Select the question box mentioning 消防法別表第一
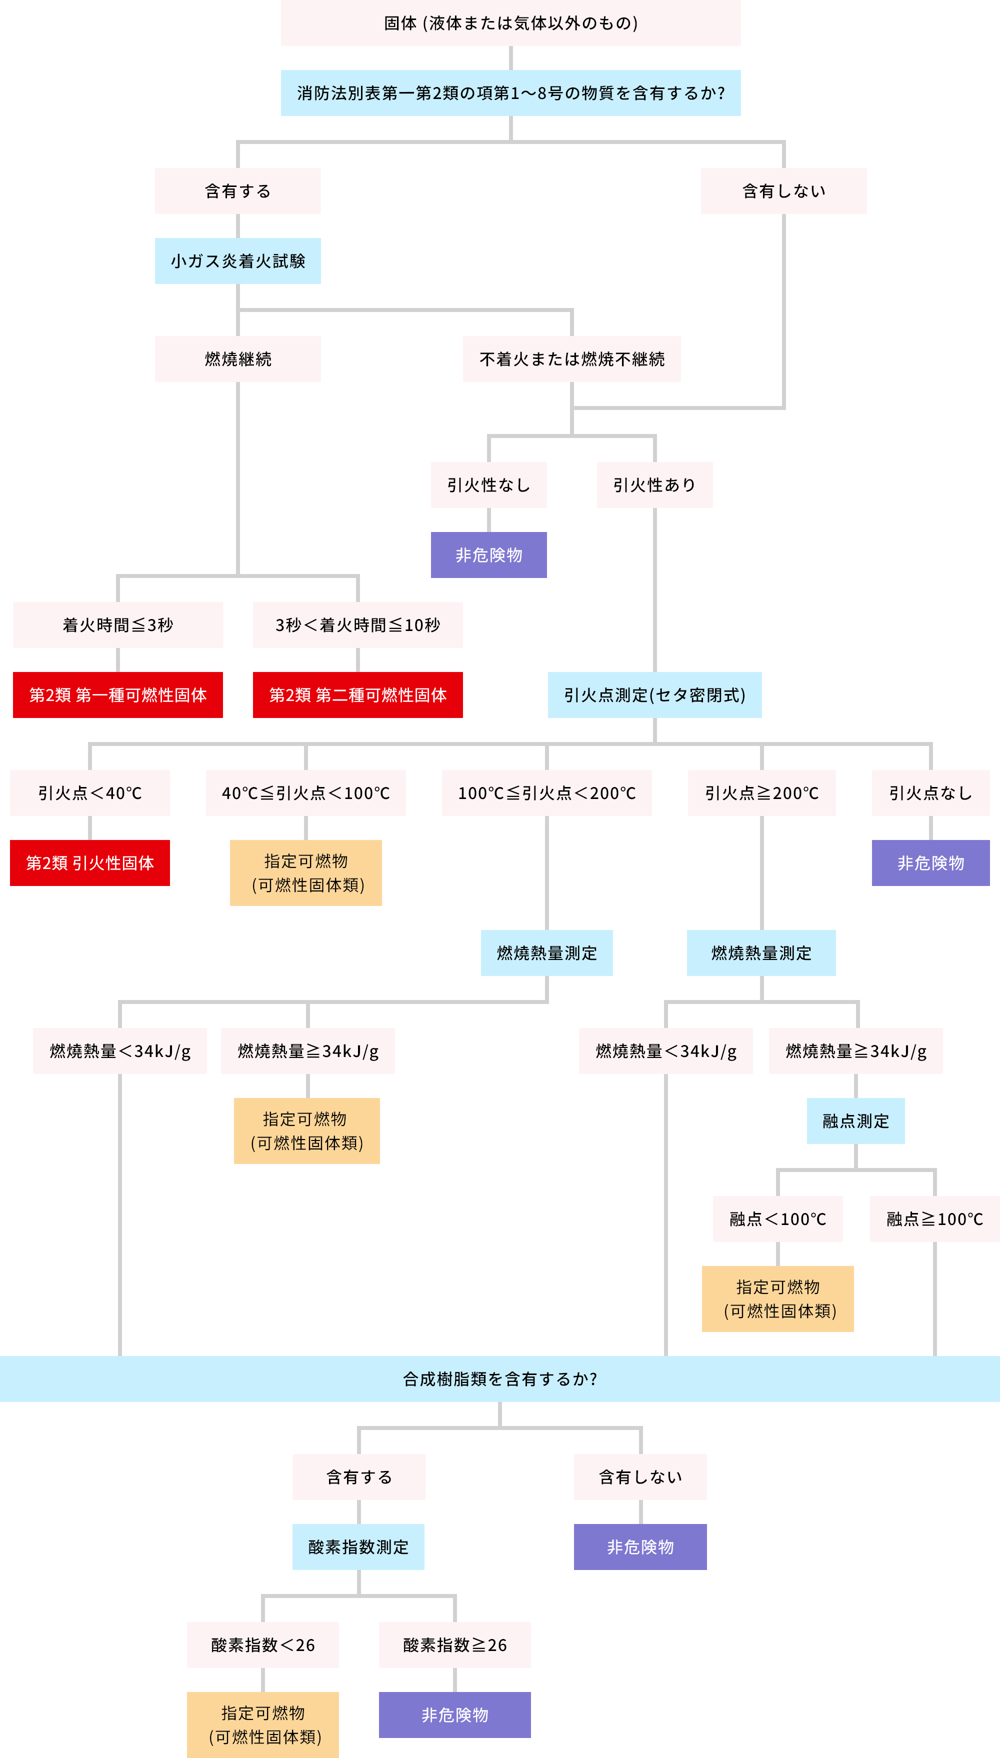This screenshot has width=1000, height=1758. tap(510, 92)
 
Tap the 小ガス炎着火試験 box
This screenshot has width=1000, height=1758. tap(237, 261)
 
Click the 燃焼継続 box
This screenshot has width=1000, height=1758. tap(237, 359)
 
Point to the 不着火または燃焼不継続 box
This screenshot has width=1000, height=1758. tap(571, 359)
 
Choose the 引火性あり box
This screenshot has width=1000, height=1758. tap(654, 485)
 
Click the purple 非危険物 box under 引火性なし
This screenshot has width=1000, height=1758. tap(488, 555)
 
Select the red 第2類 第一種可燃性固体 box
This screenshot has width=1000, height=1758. tap(117, 695)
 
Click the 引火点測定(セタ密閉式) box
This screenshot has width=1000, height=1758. tap(654, 695)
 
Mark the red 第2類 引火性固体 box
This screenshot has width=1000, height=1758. tap(89, 862)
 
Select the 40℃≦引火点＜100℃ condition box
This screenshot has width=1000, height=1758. tap(305, 793)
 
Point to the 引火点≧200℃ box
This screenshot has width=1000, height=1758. tap(761, 793)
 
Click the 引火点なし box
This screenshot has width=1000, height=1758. tap(930, 793)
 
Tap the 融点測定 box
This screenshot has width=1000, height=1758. tap(856, 1120)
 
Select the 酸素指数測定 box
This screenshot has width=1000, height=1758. tap(358, 1547)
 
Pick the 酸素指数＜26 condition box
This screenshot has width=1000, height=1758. tap(263, 1644)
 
